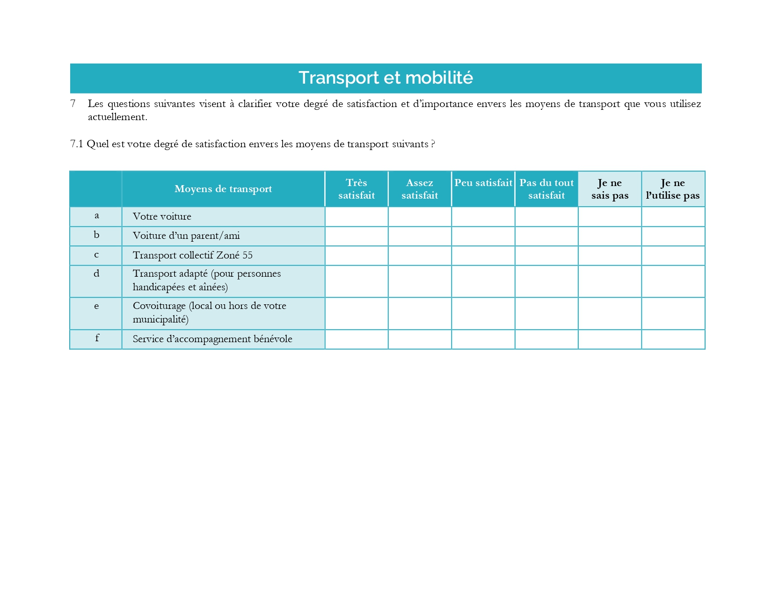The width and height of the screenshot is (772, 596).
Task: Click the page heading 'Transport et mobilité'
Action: click(386, 78)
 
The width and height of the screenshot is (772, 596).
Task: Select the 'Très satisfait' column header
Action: click(357, 189)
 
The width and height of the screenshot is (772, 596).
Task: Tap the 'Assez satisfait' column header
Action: click(420, 189)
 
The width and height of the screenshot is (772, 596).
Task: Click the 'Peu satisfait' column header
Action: click(483, 183)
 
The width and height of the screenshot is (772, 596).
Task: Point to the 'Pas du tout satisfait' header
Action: click(546, 189)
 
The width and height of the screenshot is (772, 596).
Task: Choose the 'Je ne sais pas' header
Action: click(610, 189)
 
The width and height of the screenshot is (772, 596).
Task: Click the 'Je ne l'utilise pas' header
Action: click(673, 189)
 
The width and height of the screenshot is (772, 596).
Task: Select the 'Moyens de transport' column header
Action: click(223, 189)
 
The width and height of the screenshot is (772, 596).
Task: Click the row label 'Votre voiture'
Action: click(162, 216)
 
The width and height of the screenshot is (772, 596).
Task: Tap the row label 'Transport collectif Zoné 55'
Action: click(192, 255)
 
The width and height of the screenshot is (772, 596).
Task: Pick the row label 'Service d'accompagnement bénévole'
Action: click(212, 339)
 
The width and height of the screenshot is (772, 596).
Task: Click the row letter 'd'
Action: click(96, 273)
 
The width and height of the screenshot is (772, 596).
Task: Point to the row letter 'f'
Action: click(97, 338)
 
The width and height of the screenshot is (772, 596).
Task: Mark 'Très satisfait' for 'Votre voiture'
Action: click(357, 217)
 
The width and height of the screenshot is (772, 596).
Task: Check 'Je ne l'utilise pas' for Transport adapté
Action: click(673, 281)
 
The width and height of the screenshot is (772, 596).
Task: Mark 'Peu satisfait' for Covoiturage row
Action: click(483, 314)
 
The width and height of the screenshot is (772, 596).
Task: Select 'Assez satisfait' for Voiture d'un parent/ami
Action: click(420, 236)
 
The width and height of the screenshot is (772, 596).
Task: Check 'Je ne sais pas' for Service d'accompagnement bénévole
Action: click(610, 339)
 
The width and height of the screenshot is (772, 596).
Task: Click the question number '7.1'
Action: click(76, 144)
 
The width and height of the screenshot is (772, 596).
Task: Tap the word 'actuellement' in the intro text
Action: click(117, 117)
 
